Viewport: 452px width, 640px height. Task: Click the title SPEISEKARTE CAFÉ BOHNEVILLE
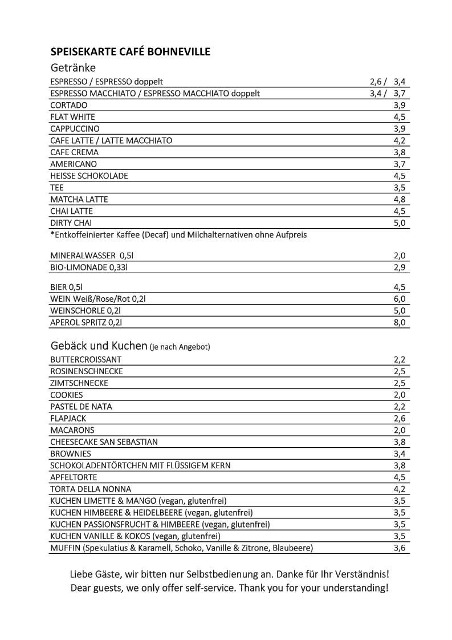[x=130, y=52]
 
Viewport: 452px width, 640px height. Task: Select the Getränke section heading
[x=72, y=67]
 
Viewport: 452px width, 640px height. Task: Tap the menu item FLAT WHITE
[x=72, y=117]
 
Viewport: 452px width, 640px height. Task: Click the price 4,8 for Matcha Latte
[x=399, y=200]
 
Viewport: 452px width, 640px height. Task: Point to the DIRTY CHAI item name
[x=71, y=223]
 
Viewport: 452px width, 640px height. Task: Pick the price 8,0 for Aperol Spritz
[x=399, y=323]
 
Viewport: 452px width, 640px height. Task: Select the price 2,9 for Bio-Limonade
[x=399, y=268]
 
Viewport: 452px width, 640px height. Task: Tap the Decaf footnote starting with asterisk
[x=178, y=234]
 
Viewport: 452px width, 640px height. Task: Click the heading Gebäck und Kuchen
[x=99, y=346]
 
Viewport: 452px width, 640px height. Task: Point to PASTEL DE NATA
[x=81, y=407]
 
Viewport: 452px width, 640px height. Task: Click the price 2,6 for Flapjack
[x=399, y=419]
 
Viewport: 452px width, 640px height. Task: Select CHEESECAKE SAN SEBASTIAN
[x=104, y=442]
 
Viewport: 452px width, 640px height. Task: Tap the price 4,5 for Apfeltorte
[x=399, y=477]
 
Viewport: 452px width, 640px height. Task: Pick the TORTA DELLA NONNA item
[x=91, y=489]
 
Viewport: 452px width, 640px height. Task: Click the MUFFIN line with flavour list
[x=181, y=548]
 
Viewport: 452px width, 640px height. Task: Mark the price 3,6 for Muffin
[x=399, y=548]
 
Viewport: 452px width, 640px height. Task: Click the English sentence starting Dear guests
[x=229, y=588]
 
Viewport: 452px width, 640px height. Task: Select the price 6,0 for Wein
[x=399, y=299]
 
